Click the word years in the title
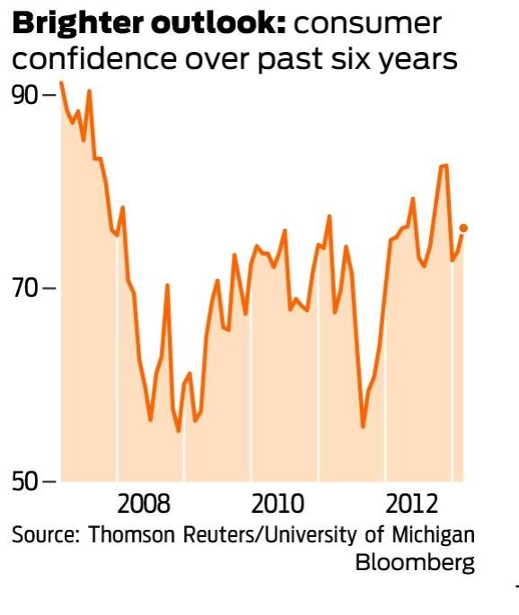pos(415,59)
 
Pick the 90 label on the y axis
pos(27,95)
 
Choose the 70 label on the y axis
pos(27,288)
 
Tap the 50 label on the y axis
pos(27,481)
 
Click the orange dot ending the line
pos(463,228)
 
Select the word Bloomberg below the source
pos(415,564)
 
